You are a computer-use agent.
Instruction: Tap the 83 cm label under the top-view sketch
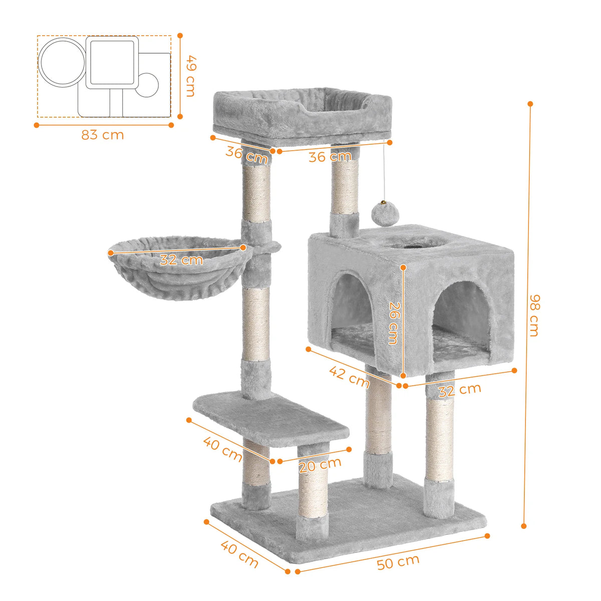coord(103,135)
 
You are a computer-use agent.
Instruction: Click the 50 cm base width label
coord(398,562)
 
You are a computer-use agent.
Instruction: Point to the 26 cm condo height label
coord(394,322)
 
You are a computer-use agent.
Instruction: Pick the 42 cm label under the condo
coord(349,377)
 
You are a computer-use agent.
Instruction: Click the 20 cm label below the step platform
coord(320,466)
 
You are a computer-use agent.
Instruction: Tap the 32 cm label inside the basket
coord(181,260)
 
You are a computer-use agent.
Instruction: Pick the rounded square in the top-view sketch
coord(112,62)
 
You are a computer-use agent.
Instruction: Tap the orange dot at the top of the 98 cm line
coord(530,104)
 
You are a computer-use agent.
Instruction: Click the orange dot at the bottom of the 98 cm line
coord(524,526)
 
